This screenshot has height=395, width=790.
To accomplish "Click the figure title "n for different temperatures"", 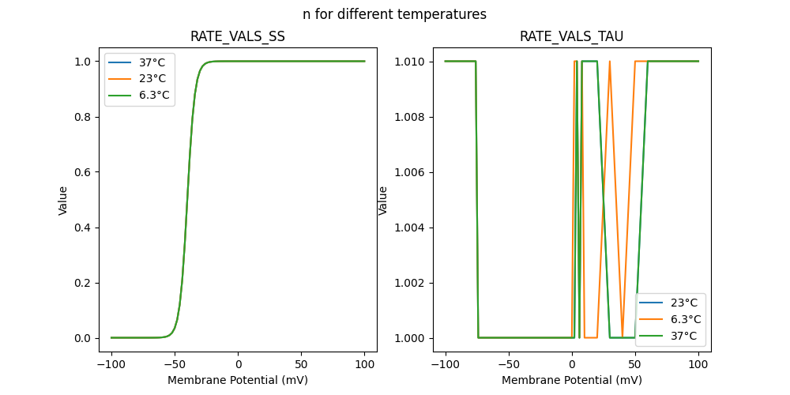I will pyautogui.click(x=394, y=14).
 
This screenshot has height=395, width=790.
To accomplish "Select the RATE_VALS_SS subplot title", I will pyautogui.click(x=238, y=36).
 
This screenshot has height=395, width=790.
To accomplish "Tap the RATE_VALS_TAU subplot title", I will pyautogui.click(x=571, y=36).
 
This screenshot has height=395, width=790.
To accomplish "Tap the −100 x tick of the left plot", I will pyautogui.click(x=111, y=366).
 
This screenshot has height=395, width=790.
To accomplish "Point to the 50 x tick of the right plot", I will pyautogui.click(x=635, y=366).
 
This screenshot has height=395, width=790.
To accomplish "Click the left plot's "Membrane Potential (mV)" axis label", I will pyautogui.click(x=238, y=380).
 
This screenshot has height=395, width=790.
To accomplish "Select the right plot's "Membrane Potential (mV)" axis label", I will pyautogui.click(x=571, y=380).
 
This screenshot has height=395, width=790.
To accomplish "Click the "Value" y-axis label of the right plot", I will pyautogui.click(x=383, y=200).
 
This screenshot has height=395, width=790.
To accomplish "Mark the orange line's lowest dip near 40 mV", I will pyautogui.click(x=623, y=337).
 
